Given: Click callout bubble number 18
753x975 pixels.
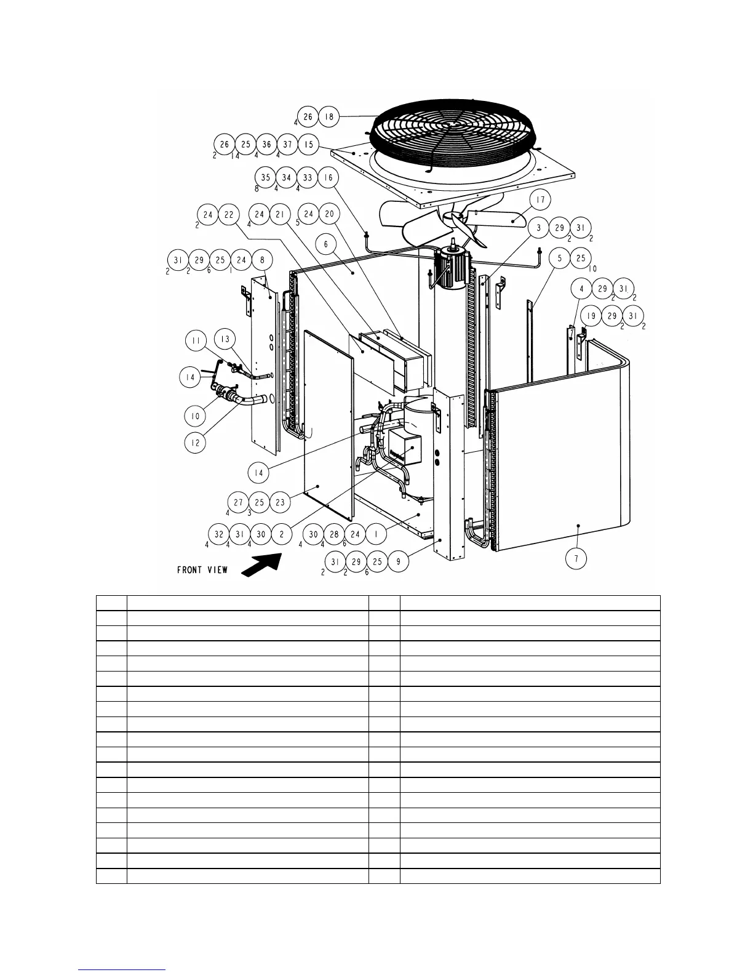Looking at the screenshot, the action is tap(329, 116).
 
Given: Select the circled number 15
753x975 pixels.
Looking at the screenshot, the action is tap(309, 145).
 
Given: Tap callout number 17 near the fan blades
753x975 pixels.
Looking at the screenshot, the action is tap(541, 200).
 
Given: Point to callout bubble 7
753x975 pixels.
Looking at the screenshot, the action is tap(576, 558).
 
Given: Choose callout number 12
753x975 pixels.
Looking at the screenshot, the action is tap(195, 443).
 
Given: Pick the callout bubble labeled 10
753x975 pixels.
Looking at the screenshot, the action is tap(195, 416).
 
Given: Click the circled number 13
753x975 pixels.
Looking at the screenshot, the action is tap(225, 340).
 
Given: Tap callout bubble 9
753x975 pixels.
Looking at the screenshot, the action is tap(398, 561).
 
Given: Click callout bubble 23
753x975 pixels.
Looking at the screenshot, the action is tap(280, 502).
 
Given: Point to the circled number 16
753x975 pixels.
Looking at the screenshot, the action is tap(329, 178).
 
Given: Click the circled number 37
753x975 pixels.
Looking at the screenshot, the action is tap(287, 145).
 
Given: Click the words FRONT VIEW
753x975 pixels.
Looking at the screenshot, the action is tap(202, 570).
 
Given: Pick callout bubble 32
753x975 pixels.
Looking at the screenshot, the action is tap(220, 534).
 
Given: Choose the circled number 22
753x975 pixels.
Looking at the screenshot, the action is tap(229, 215).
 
